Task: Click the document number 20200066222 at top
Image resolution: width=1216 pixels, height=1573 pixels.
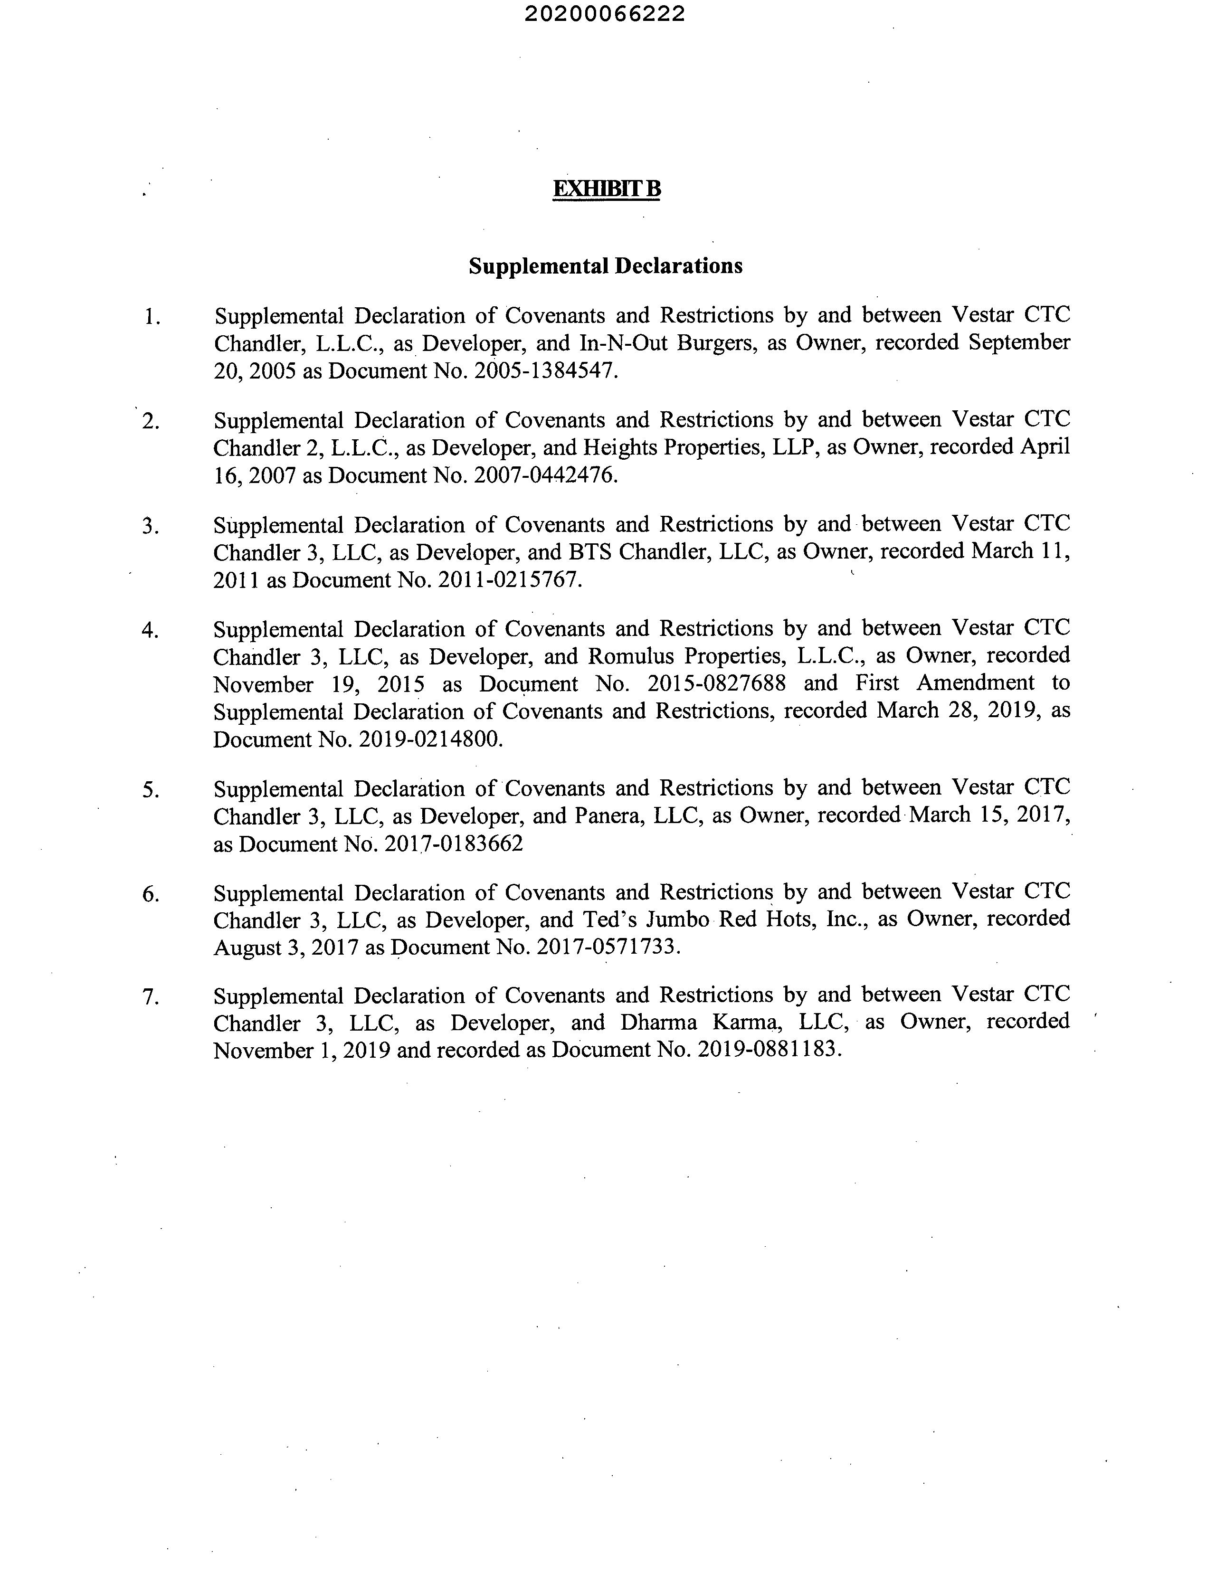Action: [x=606, y=14]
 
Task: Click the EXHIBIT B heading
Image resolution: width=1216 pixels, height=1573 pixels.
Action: [x=607, y=189]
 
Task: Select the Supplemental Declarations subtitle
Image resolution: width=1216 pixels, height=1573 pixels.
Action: [x=605, y=266]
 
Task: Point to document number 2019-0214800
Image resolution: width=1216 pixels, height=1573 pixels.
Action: [x=429, y=739]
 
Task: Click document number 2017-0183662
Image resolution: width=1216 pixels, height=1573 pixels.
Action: [x=454, y=843]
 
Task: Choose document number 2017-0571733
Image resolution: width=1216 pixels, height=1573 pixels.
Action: [x=607, y=947]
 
